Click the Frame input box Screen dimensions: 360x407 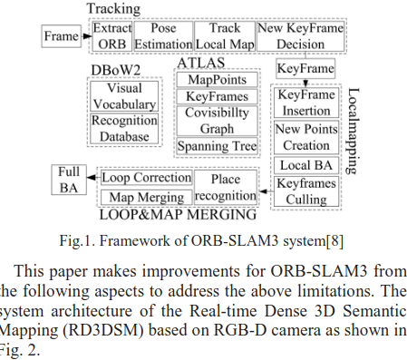tap(63, 36)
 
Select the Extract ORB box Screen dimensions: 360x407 tap(111, 36)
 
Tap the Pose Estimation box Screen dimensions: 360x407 tap(162, 36)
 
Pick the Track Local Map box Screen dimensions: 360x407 tap(220, 36)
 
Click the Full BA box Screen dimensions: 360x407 tap(69, 179)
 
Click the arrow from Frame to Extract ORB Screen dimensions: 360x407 tap(86, 36)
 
